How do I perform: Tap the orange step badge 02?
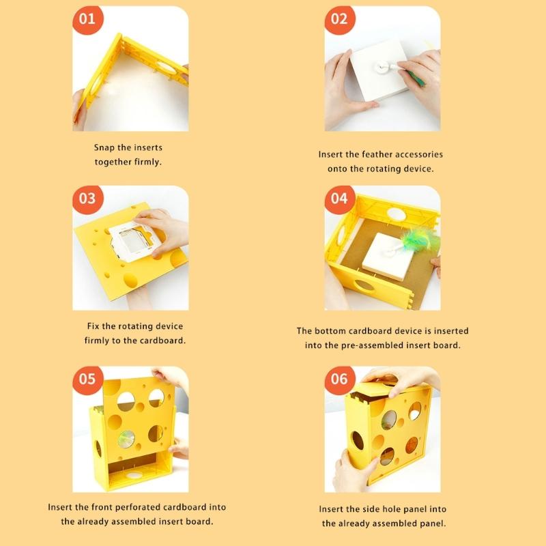[339, 19]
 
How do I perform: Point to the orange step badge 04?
[339, 199]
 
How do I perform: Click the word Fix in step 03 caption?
[95, 326]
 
